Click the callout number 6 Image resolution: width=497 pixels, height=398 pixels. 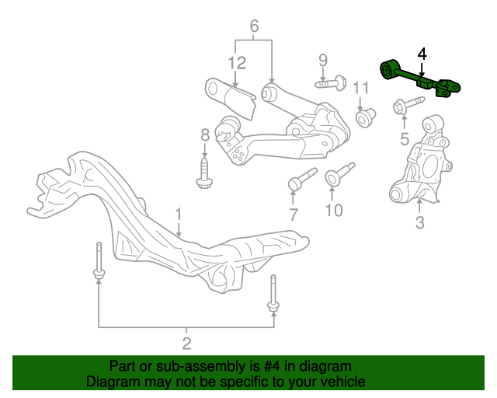click(x=254, y=26)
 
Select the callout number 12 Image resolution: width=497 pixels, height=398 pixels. click(x=237, y=63)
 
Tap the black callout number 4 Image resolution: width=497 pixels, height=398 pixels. click(x=422, y=54)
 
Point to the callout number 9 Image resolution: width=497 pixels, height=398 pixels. click(x=323, y=61)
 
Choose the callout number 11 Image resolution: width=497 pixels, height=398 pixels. click(x=361, y=88)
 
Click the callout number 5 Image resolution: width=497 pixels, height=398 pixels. click(x=405, y=139)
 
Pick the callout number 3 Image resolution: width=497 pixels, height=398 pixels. click(x=419, y=222)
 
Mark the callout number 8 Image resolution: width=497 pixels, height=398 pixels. click(x=205, y=135)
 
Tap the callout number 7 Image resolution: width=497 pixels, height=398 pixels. click(x=294, y=215)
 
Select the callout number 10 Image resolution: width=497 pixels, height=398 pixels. click(x=334, y=210)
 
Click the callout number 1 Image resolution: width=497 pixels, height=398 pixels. click(x=179, y=215)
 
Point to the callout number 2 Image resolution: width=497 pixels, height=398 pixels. click(x=186, y=344)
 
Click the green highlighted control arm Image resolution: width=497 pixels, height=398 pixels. click(x=419, y=79)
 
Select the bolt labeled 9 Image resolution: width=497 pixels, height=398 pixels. click(x=331, y=83)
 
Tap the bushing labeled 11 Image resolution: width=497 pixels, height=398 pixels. click(x=366, y=117)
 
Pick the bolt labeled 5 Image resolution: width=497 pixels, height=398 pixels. click(x=408, y=104)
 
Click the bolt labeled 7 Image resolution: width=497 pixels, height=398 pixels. click(x=302, y=179)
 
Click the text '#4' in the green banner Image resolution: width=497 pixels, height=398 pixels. click(x=272, y=367)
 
